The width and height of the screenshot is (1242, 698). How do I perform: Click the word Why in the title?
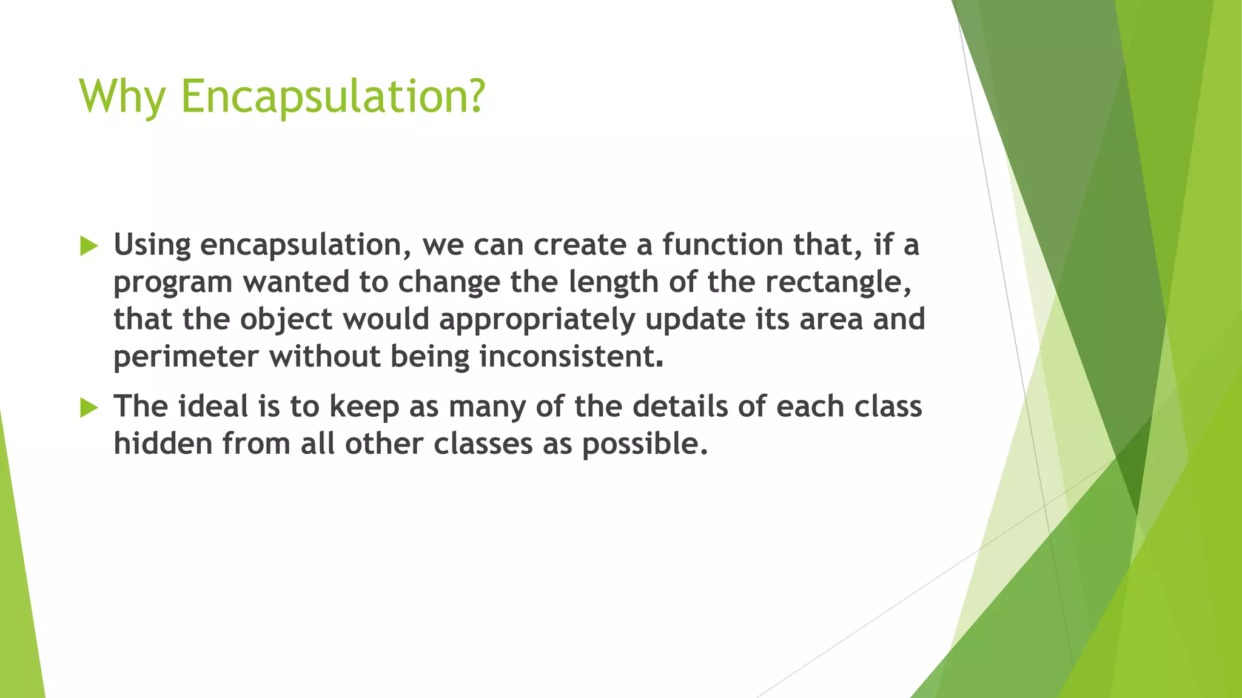(x=121, y=97)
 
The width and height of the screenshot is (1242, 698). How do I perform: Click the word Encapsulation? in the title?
(x=333, y=97)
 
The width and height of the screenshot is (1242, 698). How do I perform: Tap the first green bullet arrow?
(x=89, y=246)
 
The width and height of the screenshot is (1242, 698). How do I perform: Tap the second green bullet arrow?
(x=89, y=408)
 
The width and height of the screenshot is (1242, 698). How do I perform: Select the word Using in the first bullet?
(x=152, y=245)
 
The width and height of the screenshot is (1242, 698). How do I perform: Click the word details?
(x=680, y=406)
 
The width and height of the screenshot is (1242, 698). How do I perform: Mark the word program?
(x=173, y=283)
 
